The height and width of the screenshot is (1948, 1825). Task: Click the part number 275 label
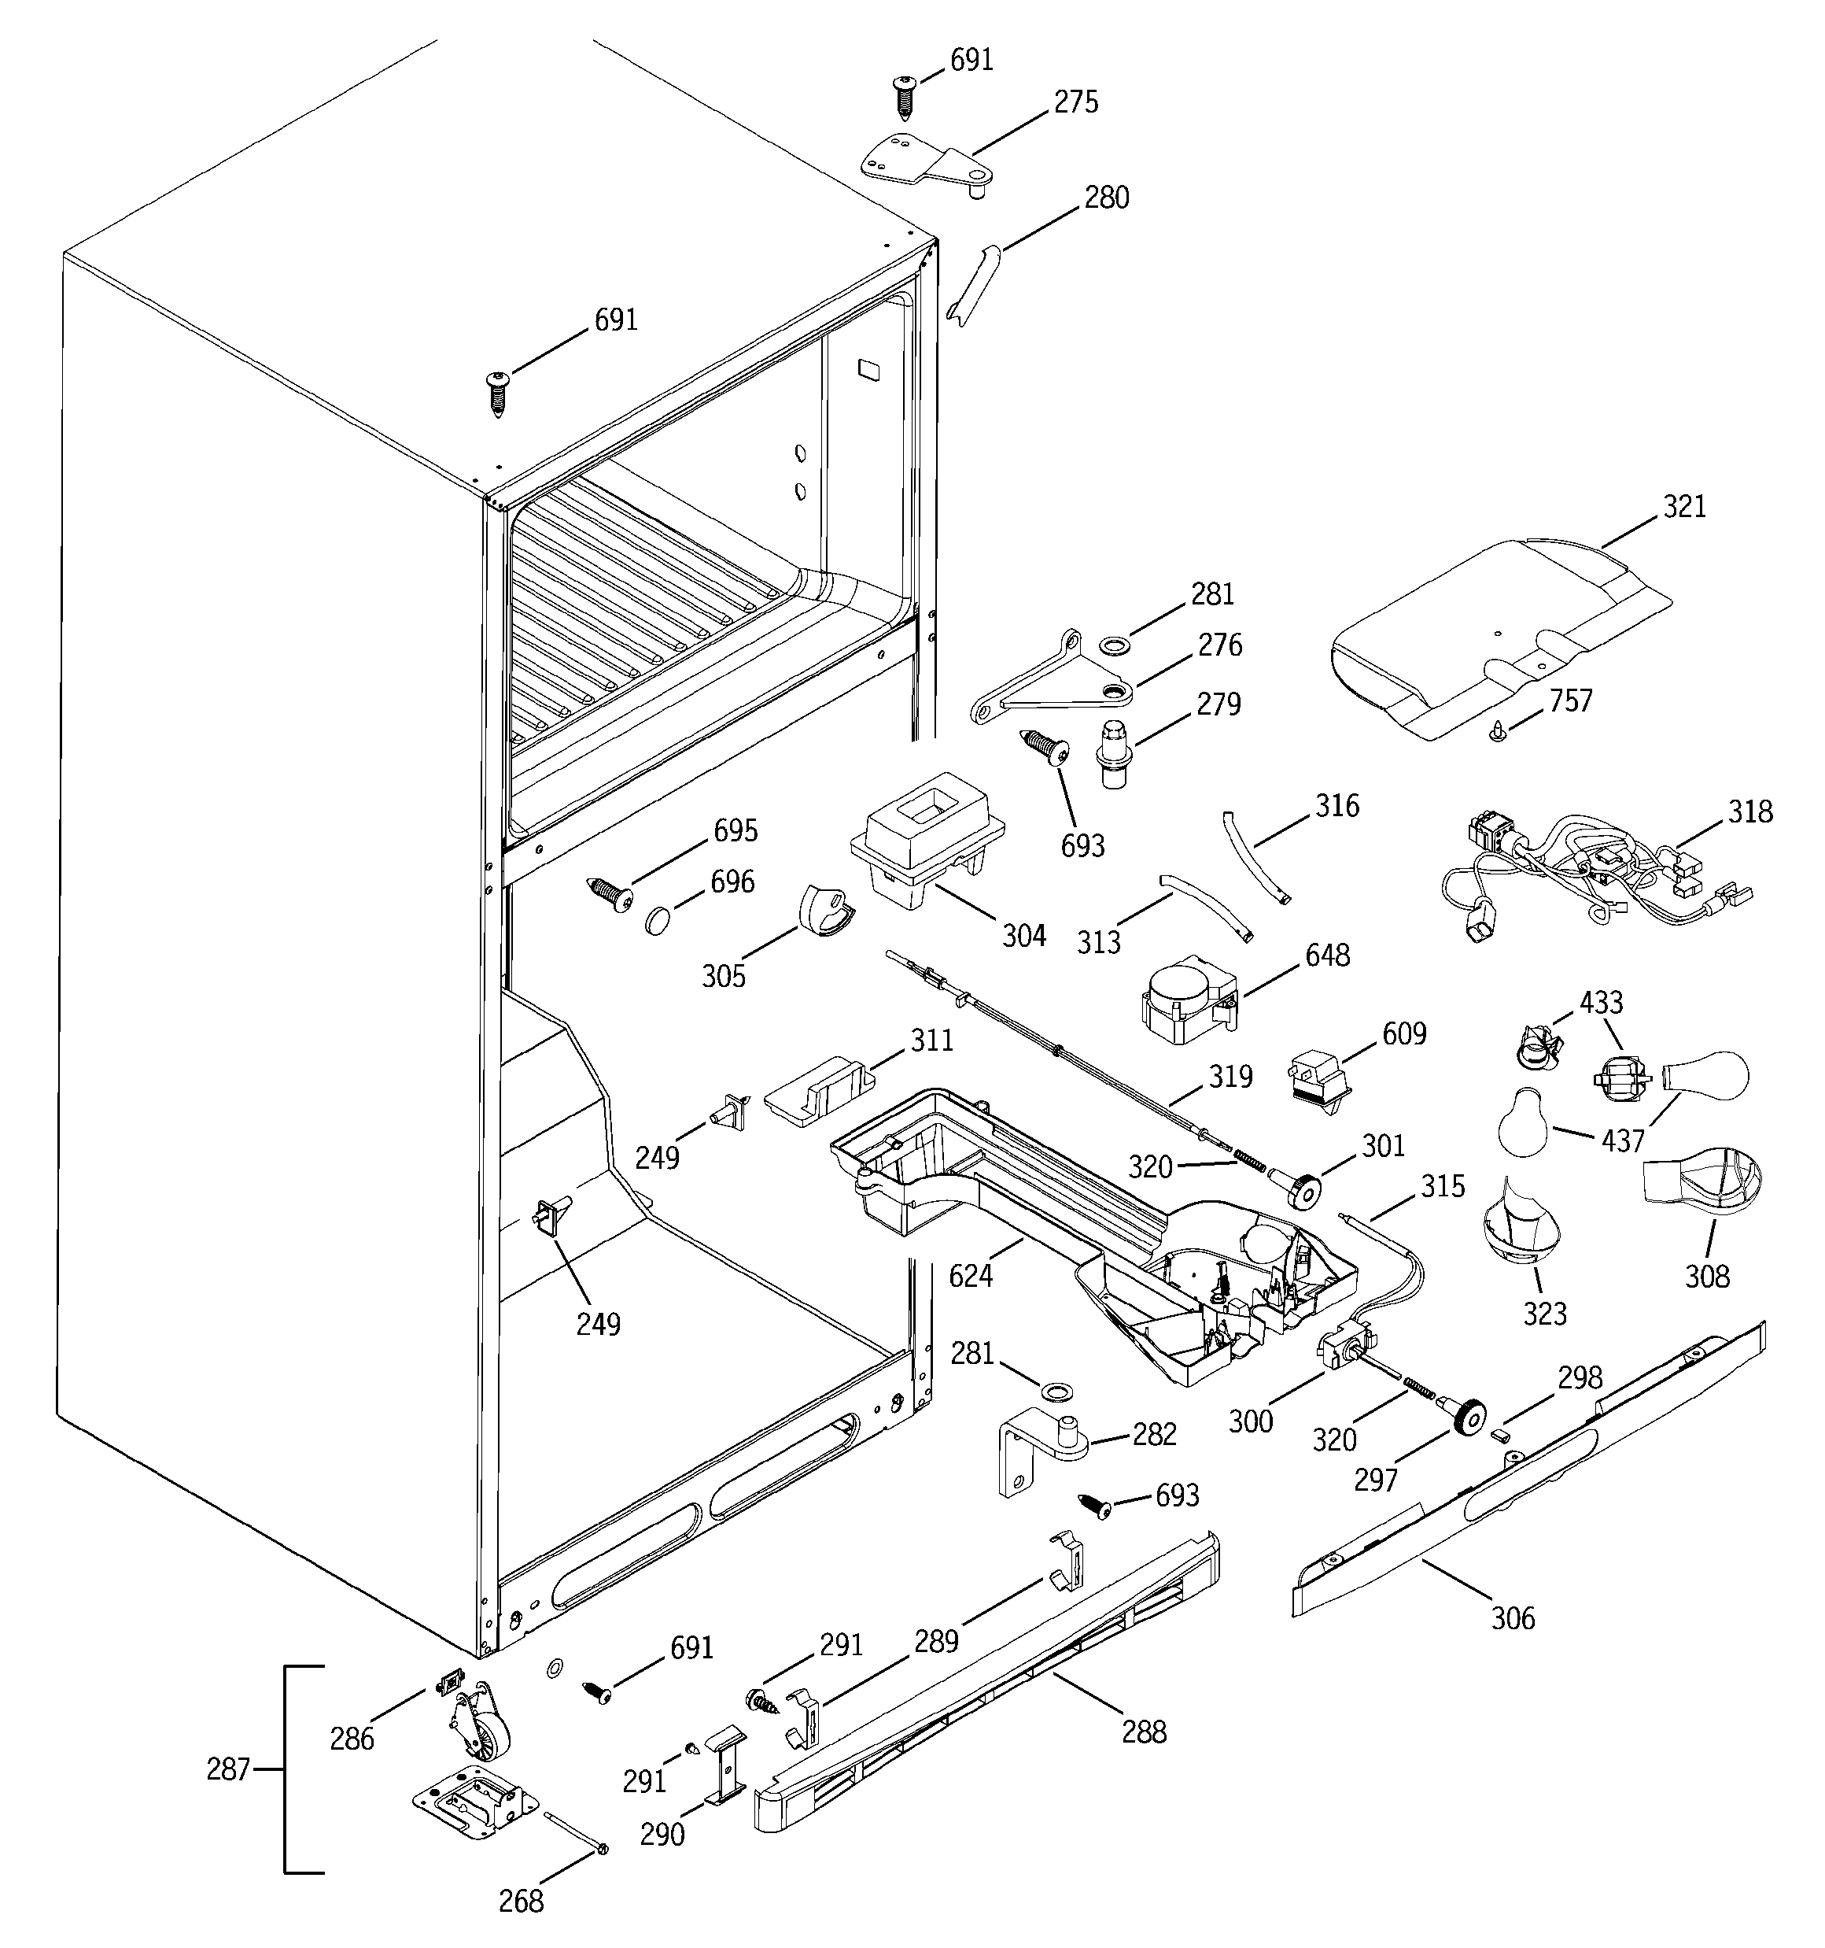click(1075, 102)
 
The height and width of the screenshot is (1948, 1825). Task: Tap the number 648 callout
click(1327, 955)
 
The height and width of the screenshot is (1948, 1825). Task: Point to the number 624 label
click(971, 1276)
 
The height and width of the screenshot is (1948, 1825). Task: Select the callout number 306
click(1513, 1617)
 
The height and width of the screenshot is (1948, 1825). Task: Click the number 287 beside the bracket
click(228, 1769)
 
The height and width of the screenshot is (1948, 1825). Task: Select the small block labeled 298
click(1497, 1435)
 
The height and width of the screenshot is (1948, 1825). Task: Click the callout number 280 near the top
click(1106, 198)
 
